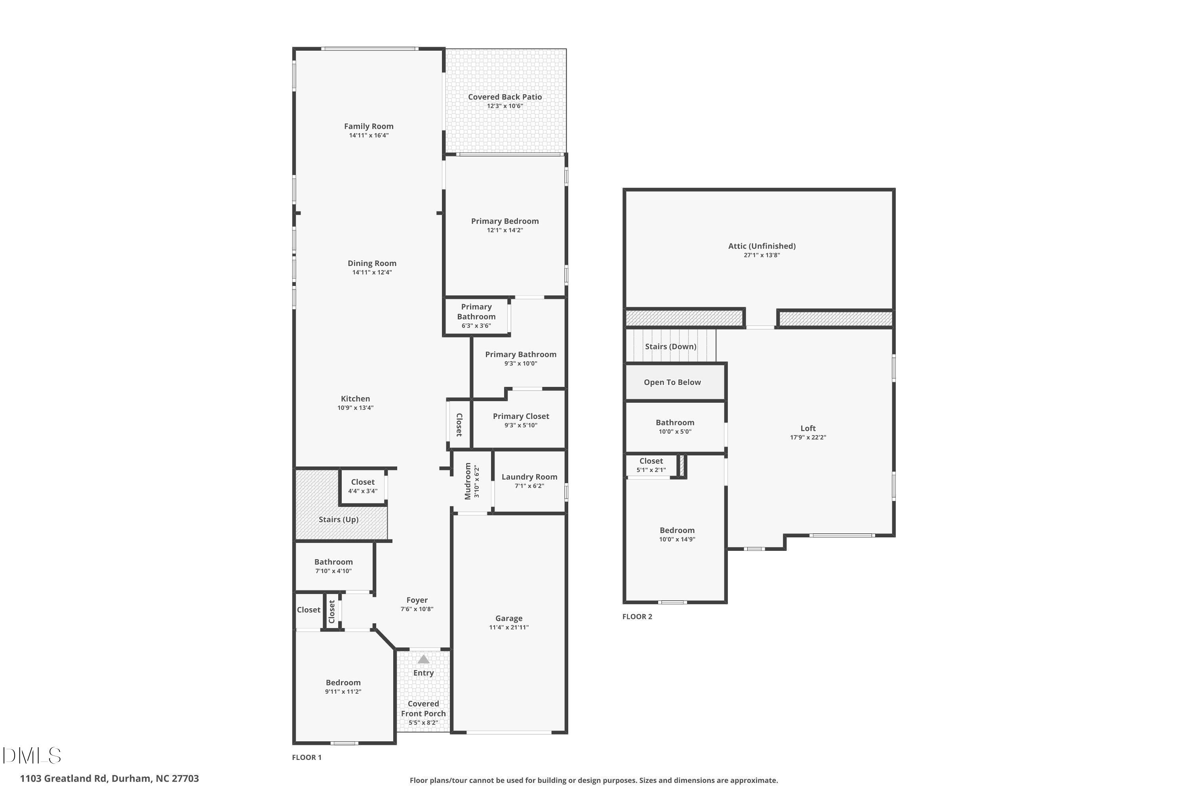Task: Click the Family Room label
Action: (x=369, y=126)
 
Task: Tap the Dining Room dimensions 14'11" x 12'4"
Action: (x=372, y=272)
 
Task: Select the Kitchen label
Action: (x=356, y=398)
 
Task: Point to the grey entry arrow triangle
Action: (x=423, y=659)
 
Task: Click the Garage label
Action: (x=508, y=618)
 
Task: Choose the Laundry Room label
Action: (x=529, y=477)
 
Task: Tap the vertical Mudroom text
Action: (x=468, y=481)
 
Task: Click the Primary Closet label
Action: (x=521, y=416)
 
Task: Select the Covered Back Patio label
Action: (x=505, y=97)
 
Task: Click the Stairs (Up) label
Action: (x=339, y=519)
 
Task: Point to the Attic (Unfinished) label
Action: (x=762, y=246)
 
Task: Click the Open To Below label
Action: (x=672, y=383)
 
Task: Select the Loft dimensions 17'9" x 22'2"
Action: (x=808, y=438)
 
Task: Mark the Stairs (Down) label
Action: (x=671, y=346)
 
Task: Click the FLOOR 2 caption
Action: (x=637, y=617)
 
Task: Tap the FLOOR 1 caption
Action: (x=307, y=757)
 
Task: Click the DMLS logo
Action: (x=32, y=756)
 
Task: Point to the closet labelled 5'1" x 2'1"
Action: (x=651, y=465)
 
